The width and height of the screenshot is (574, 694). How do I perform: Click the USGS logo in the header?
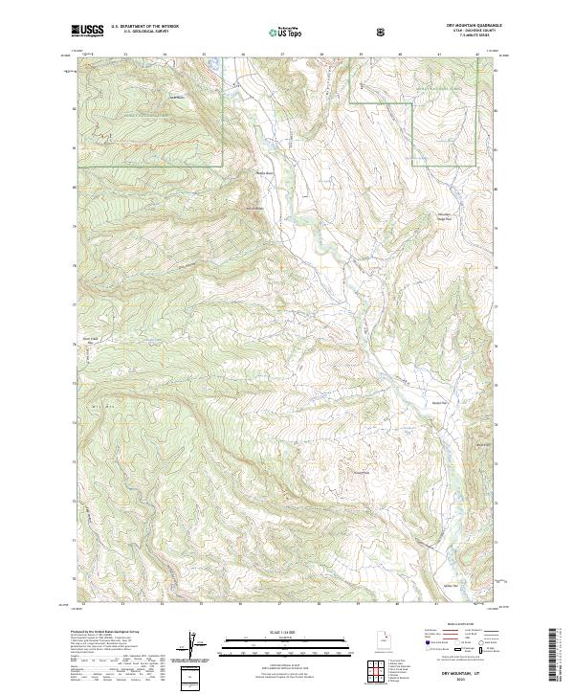tap(87, 32)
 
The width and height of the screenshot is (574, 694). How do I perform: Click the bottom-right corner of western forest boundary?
tap(223, 167)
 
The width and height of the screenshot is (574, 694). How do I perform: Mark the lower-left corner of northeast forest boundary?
tap(413, 167)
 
